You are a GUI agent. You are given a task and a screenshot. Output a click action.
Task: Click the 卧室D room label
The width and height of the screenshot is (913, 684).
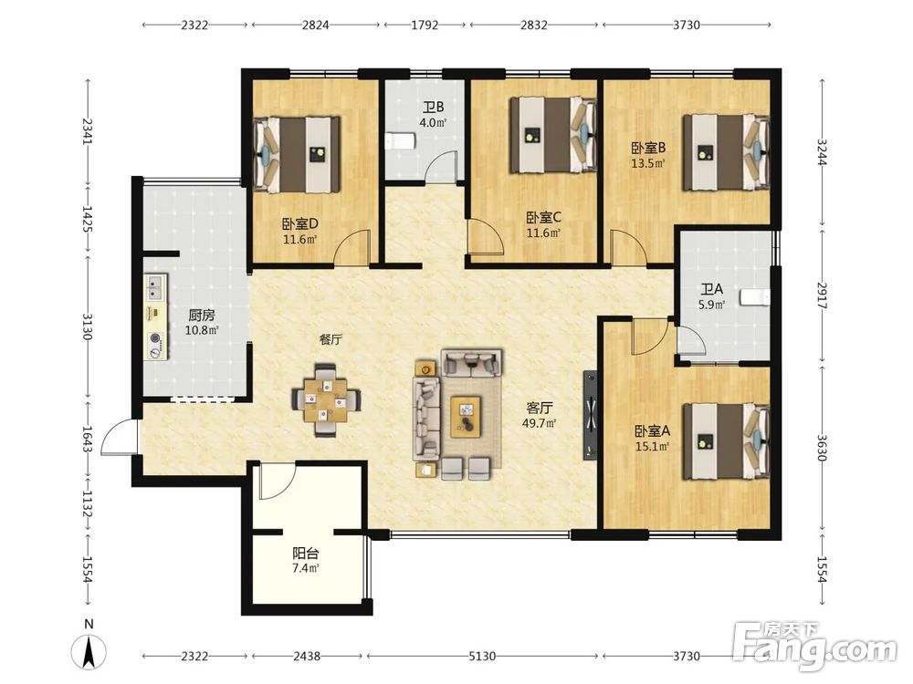[299, 224]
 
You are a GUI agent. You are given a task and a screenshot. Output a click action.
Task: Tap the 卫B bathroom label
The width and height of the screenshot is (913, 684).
[433, 108]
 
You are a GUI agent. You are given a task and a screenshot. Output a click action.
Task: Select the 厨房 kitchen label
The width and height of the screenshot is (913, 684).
[202, 316]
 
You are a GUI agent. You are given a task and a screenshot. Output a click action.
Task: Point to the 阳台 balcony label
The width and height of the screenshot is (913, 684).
[305, 554]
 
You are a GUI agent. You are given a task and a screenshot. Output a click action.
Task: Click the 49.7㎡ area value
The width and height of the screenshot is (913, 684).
[539, 423]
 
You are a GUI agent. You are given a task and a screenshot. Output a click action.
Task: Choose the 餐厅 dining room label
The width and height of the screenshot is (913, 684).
[331, 339]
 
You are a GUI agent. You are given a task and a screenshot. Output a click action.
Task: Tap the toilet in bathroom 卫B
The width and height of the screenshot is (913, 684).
[400, 141]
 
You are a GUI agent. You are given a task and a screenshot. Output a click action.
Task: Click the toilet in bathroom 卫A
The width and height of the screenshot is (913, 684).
[755, 298]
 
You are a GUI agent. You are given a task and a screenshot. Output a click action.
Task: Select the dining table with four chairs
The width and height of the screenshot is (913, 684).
[326, 399]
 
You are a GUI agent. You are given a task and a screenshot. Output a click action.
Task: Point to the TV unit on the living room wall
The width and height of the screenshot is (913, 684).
[591, 415]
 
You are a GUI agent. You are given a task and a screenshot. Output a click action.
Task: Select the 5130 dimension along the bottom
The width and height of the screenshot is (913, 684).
[482, 656]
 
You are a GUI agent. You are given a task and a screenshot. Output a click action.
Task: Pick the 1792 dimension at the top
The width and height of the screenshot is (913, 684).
[425, 25]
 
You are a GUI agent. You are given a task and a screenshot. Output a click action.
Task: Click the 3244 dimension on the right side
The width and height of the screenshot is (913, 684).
[822, 151]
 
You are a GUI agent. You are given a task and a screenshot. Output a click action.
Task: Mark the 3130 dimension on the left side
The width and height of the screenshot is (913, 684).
[88, 326]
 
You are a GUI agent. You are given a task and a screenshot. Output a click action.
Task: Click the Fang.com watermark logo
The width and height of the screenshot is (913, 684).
[814, 646]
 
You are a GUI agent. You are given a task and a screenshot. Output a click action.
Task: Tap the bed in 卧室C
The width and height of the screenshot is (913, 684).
[553, 135]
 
